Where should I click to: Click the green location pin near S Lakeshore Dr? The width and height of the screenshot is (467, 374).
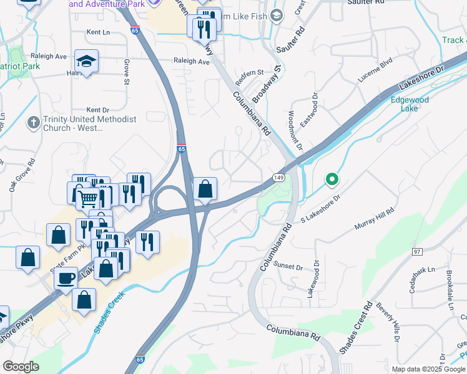pyautogui.click(x=332, y=181)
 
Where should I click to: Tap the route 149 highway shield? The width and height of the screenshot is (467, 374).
pyautogui.click(x=278, y=178)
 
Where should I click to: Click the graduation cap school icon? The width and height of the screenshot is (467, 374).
pyautogui.click(x=86, y=60)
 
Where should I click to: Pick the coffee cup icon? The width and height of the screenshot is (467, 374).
pyautogui.click(x=66, y=278)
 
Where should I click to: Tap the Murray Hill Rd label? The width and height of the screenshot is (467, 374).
pyautogui.click(x=375, y=219)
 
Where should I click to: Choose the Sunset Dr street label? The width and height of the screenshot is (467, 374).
pyautogui.click(x=288, y=267)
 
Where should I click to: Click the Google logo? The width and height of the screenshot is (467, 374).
pyautogui.click(x=21, y=367)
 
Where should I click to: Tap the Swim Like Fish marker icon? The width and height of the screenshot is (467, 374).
pyautogui.click(x=278, y=15)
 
